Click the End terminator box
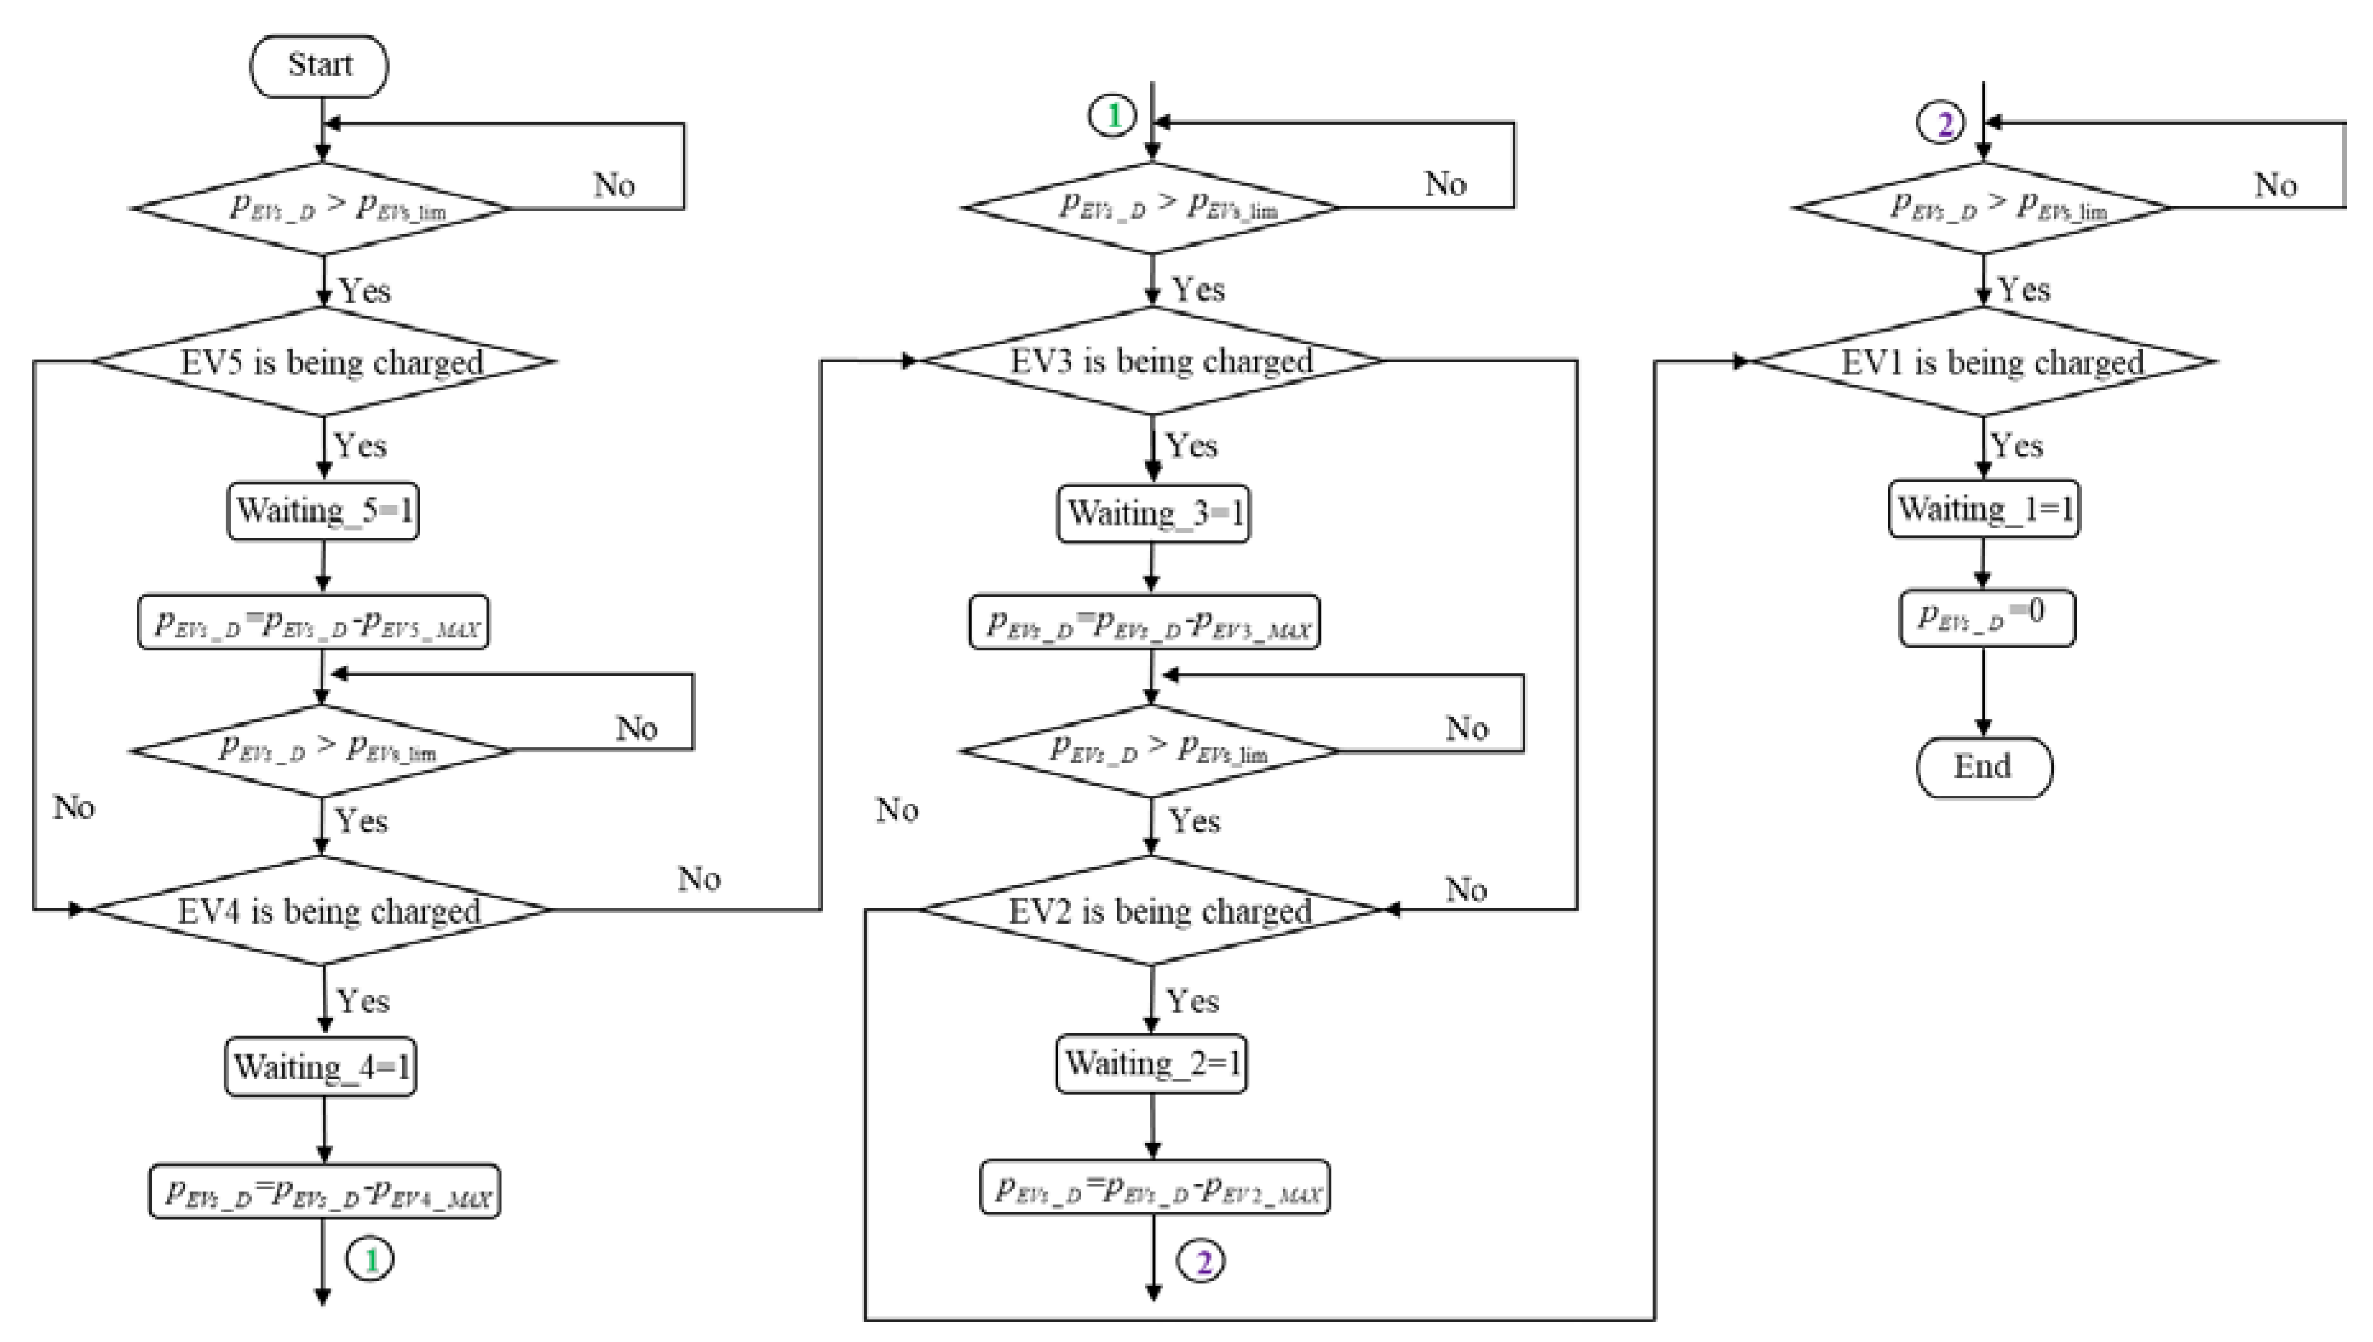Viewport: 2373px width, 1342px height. point(1983,767)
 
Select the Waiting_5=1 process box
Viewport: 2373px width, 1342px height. point(323,510)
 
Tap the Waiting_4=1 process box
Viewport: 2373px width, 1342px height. point(321,1067)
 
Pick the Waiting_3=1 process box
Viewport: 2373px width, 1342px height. point(1153,514)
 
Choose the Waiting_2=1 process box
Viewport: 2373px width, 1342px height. point(1152,1064)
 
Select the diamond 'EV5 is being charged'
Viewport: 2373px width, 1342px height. point(324,362)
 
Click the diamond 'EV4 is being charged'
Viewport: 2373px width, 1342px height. point(323,911)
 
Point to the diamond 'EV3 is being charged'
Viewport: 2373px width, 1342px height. point(1154,360)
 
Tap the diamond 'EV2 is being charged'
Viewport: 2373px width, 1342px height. point(1154,911)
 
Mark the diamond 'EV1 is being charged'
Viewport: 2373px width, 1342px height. point(1985,362)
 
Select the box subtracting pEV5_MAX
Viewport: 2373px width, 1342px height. point(314,623)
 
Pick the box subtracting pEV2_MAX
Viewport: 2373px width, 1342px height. point(1155,1187)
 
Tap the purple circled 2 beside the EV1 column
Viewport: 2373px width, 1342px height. point(1942,123)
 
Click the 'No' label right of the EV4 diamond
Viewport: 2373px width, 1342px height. point(699,880)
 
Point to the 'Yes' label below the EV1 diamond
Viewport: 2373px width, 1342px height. point(2017,446)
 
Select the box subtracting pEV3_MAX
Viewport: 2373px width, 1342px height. point(1145,623)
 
